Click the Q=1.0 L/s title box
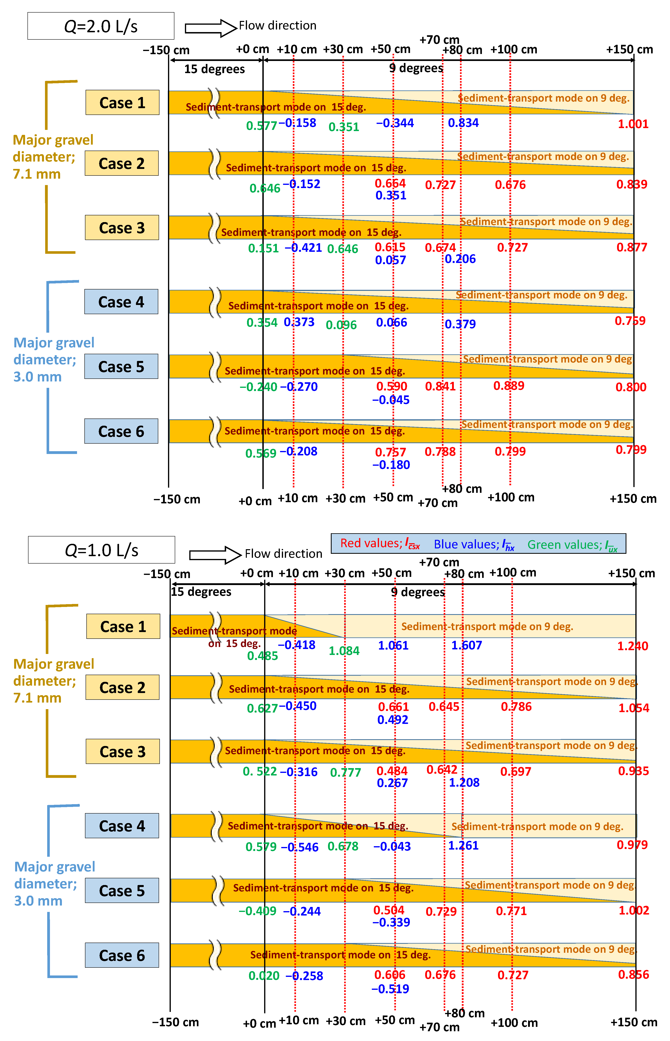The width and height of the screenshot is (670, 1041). coord(101,550)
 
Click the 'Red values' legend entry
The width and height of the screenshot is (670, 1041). coord(379,543)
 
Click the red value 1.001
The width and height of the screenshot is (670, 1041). coord(633,124)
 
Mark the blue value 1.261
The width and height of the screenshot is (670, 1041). coord(463,846)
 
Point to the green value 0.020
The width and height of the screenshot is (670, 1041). coord(264,976)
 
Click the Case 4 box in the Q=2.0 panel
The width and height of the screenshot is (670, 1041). coord(121,302)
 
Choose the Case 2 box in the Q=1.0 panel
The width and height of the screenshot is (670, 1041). coord(122,687)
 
